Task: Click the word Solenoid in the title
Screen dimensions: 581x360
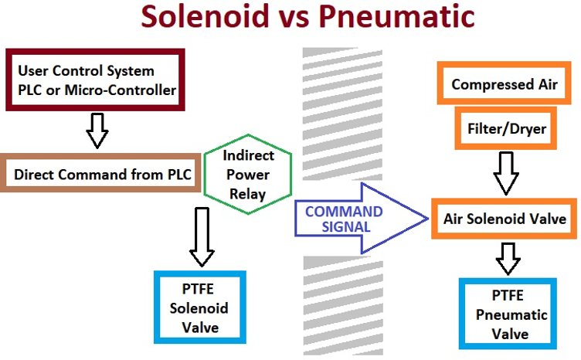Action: click(205, 16)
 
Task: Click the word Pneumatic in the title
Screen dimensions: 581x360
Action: click(397, 16)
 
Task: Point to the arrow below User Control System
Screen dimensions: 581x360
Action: click(97, 131)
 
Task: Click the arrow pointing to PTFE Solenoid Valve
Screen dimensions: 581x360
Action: click(202, 236)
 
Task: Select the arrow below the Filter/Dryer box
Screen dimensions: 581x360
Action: click(506, 173)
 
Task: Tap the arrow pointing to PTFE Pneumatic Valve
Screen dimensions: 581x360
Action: click(508, 258)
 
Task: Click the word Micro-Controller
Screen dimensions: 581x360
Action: click(121, 90)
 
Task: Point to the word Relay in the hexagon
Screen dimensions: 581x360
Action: click(247, 194)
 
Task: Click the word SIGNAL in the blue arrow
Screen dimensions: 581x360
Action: click(346, 226)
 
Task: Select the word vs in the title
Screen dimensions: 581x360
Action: click(294, 19)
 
